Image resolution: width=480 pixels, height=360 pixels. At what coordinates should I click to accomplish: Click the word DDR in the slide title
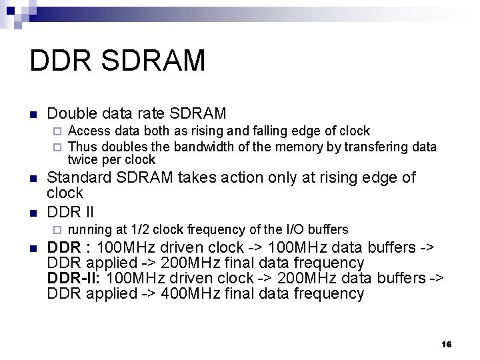55,61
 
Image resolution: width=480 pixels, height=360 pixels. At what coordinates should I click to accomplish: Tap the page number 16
446,344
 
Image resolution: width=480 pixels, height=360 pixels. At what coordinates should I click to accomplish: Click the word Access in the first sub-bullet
89,131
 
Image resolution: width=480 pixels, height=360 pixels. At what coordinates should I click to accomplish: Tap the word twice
83,160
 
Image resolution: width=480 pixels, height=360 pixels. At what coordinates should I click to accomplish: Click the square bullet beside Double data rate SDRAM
33,115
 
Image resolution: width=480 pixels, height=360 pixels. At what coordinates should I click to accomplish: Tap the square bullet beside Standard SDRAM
33,179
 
